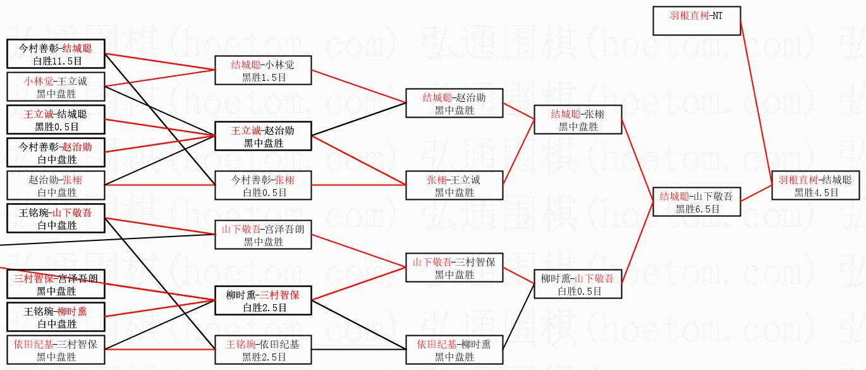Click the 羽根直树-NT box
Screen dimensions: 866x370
[697, 21]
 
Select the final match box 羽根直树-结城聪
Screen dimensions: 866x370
[815, 186]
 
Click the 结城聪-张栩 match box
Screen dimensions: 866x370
[577, 120]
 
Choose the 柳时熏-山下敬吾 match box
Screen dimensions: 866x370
[577, 284]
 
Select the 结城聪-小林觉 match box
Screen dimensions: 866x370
[263, 70]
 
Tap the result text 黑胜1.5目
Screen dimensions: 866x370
[263, 77]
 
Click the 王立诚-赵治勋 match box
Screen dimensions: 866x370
[263, 136]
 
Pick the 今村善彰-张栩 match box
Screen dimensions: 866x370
[263, 185]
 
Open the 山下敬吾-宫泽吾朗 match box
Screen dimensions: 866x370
[263, 235]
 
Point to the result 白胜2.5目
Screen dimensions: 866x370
[263, 308]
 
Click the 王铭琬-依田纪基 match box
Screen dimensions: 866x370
[263, 350]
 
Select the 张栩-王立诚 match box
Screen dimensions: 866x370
[454, 185]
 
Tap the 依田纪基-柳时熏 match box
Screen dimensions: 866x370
[454, 350]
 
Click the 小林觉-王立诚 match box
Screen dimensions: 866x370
[56, 87]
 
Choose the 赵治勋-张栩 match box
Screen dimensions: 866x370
[56, 185]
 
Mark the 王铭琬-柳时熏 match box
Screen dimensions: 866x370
[56, 317]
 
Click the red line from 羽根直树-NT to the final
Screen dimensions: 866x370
[756, 101]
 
